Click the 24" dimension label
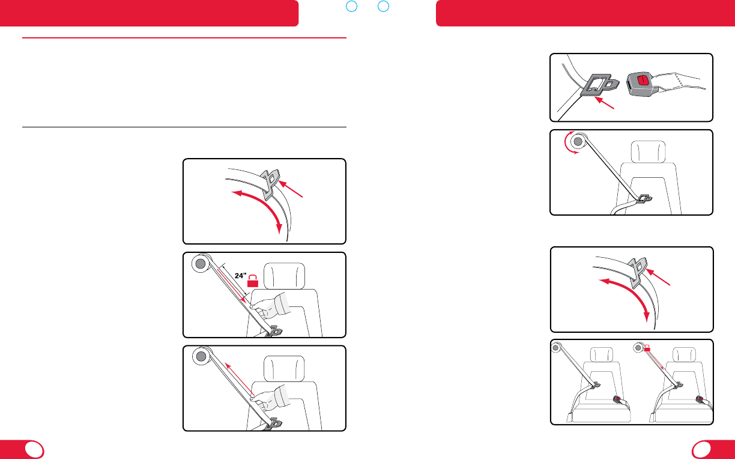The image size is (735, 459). [x=241, y=276]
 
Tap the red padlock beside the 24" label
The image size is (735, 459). [x=253, y=281]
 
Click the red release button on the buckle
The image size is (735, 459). [x=643, y=81]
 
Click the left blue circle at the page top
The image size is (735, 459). [x=351, y=6]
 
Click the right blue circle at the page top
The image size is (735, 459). [x=383, y=6]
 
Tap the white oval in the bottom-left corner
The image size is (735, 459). [x=34, y=450]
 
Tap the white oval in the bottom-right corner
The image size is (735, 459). [x=701, y=450]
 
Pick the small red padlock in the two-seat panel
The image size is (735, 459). [x=647, y=348]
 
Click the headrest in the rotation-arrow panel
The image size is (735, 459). [x=649, y=151]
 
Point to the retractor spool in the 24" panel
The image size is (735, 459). [x=201, y=263]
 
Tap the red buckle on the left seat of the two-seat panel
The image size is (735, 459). [x=617, y=400]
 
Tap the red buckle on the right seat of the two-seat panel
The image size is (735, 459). [x=700, y=400]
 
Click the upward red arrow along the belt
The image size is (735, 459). [x=240, y=380]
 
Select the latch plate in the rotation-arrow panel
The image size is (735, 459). [x=644, y=199]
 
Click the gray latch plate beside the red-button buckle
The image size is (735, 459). [x=599, y=85]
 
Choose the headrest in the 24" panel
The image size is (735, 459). [x=284, y=276]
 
